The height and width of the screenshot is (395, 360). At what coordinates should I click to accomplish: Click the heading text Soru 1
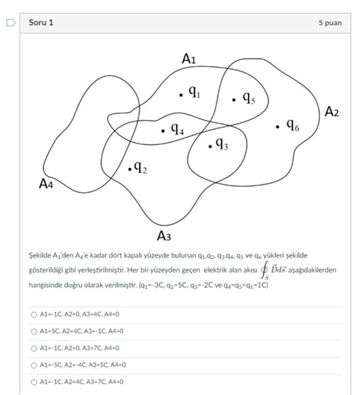click(x=41, y=23)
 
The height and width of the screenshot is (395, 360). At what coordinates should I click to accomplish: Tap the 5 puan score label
click(x=330, y=24)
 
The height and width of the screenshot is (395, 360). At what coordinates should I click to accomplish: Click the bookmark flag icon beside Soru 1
click(x=11, y=23)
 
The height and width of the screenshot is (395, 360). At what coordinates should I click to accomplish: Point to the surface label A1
click(x=189, y=58)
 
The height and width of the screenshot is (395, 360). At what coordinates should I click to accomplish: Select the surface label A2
click(x=332, y=112)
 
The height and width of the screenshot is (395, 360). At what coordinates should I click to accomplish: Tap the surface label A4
click(x=47, y=183)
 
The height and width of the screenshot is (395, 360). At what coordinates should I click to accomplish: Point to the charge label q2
click(x=141, y=167)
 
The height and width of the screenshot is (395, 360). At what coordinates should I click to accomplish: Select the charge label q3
click(x=222, y=142)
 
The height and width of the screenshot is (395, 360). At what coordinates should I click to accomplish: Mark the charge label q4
click(x=176, y=129)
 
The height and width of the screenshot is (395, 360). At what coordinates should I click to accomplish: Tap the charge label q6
click(x=292, y=125)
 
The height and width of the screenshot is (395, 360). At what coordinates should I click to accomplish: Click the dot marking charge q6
click(x=278, y=126)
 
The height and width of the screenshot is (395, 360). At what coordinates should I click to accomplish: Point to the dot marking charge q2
click(x=130, y=169)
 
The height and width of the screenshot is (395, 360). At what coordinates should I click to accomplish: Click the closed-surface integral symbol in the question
click(x=264, y=271)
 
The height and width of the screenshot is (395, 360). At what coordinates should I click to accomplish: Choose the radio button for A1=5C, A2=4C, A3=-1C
click(x=33, y=331)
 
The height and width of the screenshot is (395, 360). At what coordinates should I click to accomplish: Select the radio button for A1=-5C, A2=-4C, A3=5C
click(x=33, y=365)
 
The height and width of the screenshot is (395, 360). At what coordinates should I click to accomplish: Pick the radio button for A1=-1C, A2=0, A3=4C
click(x=33, y=314)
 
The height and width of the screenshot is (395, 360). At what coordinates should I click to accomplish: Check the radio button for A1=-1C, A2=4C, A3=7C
click(x=33, y=381)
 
